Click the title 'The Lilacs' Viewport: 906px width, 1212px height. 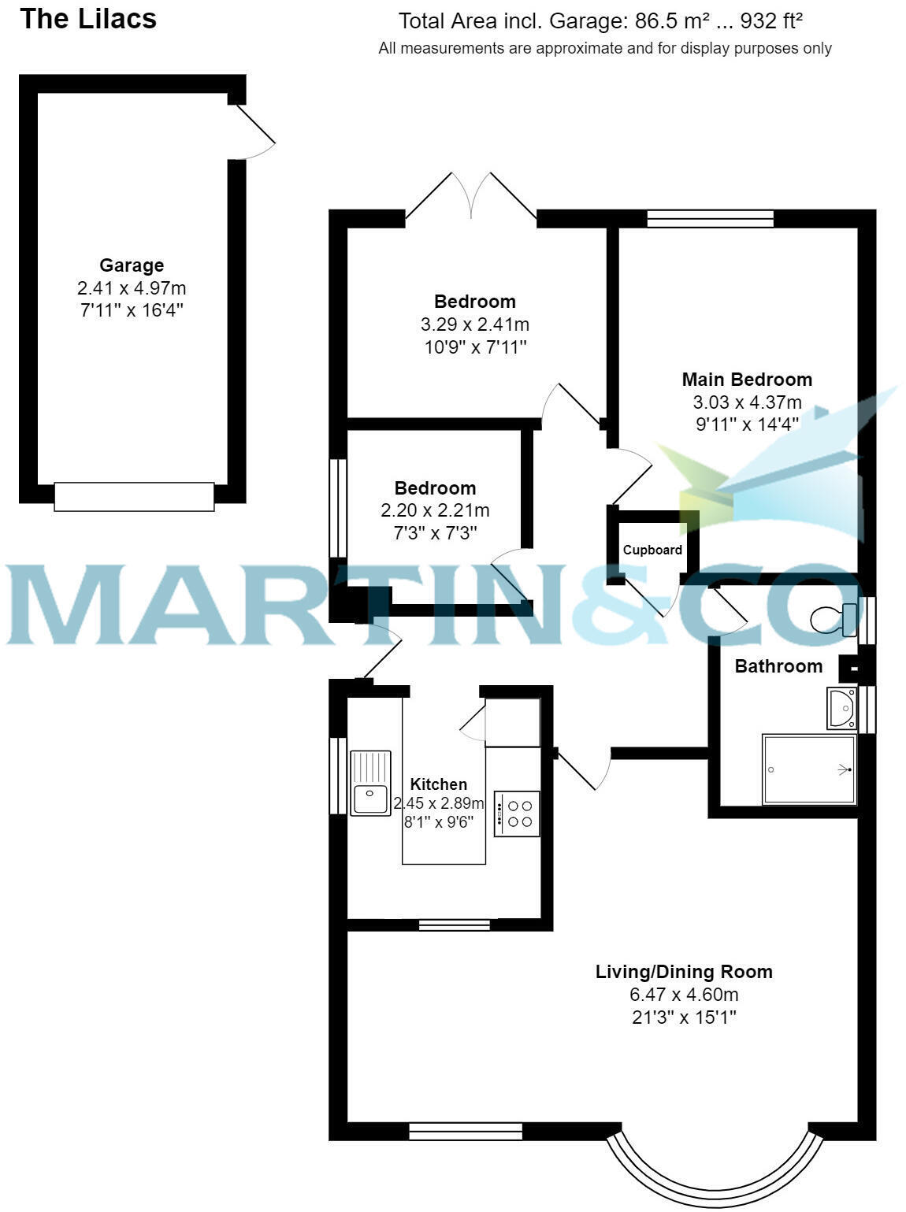(x=88, y=19)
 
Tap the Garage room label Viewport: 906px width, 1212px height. (x=132, y=265)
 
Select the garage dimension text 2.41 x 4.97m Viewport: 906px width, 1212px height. (x=132, y=287)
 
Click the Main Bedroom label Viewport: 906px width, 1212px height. (x=746, y=380)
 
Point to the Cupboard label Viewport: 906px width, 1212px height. (x=652, y=550)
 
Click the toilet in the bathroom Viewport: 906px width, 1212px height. (x=831, y=619)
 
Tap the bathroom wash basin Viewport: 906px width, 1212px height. (x=841, y=707)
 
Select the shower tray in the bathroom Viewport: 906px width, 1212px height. (x=809, y=769)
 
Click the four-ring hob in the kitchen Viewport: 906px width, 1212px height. (x=518, y=814)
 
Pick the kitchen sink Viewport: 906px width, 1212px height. (x=370, y=784)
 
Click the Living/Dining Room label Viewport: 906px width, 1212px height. (x=683, y=972)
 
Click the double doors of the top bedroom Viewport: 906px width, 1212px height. (x=471, y=197)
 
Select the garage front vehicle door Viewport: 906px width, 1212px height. (x=134, y=497)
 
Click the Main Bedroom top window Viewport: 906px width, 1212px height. (x=710, y=218)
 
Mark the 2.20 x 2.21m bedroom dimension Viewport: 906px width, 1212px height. (x=435, y=510)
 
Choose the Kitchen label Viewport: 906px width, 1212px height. (x=439, y=784)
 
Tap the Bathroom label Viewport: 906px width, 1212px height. (x=778, y=666)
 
